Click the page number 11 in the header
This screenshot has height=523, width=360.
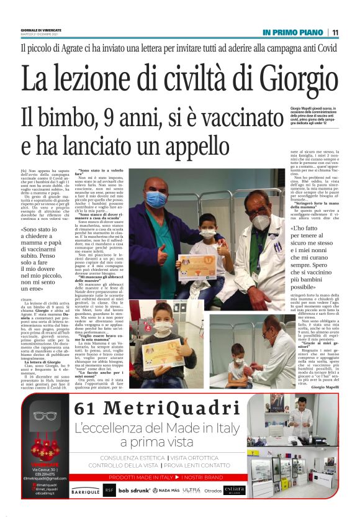point(335,32)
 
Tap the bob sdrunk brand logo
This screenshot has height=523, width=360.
point(134,490)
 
